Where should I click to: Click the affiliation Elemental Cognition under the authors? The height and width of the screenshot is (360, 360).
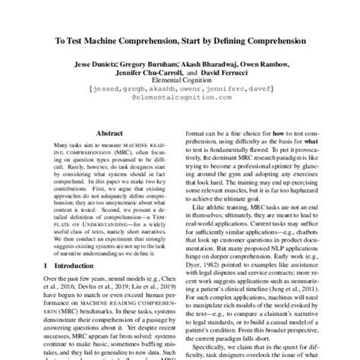(180, 87)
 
